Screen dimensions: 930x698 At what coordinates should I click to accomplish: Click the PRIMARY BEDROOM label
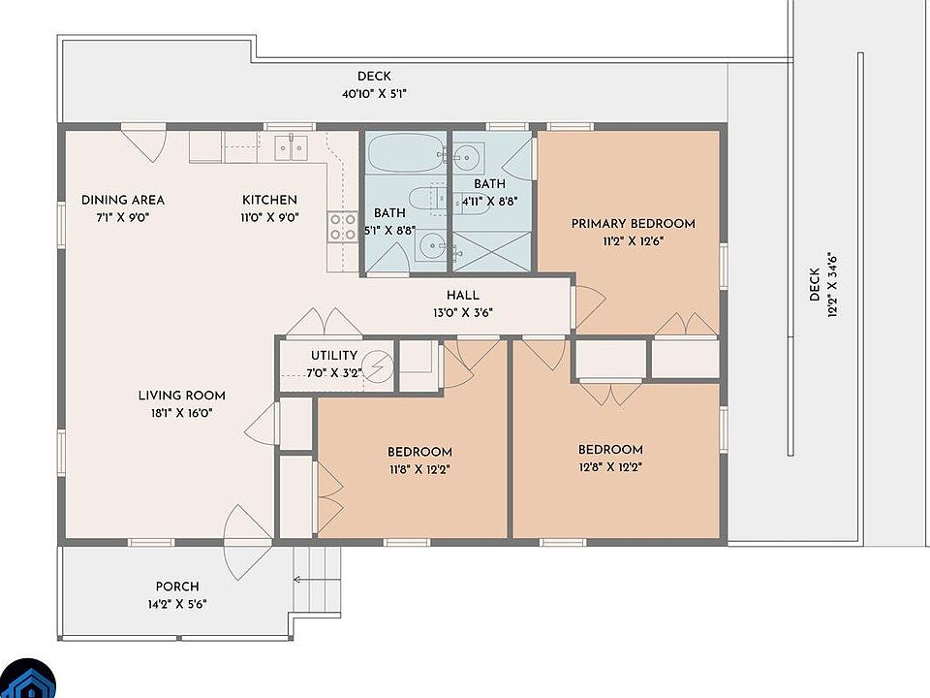click(633, 224)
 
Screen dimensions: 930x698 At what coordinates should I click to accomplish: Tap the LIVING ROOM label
click(181, 396)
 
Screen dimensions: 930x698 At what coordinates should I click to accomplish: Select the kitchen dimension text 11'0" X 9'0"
click(269, 218)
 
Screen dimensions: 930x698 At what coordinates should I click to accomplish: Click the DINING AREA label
click(123, 200)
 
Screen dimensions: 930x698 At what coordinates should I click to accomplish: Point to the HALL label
click(463, 295)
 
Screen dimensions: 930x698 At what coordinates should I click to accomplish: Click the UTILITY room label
click(334, 356)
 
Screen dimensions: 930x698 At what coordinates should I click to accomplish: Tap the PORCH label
click(177, 587)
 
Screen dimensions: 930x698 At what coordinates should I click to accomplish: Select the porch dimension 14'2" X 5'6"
click(177, 605)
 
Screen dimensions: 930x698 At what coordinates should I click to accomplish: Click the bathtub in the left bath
click(405, 152)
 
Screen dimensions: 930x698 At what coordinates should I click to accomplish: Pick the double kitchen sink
click(291, 147)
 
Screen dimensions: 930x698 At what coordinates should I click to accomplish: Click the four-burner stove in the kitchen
click(343, 227)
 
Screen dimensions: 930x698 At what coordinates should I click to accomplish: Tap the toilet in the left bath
click(426, 198)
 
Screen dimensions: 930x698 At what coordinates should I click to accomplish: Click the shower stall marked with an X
click(492, 252)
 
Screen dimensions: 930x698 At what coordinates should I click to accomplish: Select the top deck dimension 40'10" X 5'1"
click(374, 94)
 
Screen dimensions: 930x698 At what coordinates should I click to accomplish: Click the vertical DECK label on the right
click(815, 284)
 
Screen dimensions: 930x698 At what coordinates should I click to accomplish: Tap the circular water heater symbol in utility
click(377, 366)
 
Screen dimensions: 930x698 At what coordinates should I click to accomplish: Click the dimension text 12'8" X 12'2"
click(611, 467)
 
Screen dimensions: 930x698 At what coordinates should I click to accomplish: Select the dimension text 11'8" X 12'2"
click(419, 469)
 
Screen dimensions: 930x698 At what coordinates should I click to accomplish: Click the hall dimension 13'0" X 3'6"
click(463, 313)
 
